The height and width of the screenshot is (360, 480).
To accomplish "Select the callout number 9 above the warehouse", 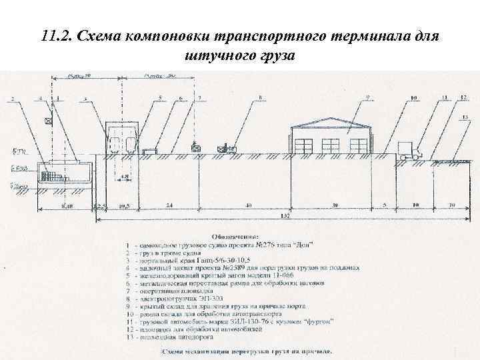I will (367, 97).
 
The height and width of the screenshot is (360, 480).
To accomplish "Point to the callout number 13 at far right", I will (465, 117).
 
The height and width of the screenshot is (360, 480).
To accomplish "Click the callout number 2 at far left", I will (12, 99).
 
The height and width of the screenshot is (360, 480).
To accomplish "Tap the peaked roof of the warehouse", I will (331, 121).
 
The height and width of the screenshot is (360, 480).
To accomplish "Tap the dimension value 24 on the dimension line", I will (169, 205).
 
